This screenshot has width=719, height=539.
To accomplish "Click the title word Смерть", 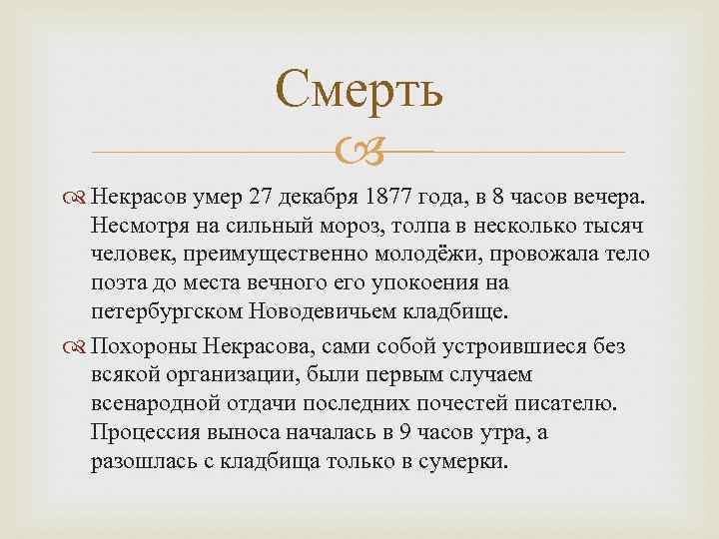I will [x=359, y=90].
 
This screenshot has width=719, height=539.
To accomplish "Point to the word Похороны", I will [x=136, y=346].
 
